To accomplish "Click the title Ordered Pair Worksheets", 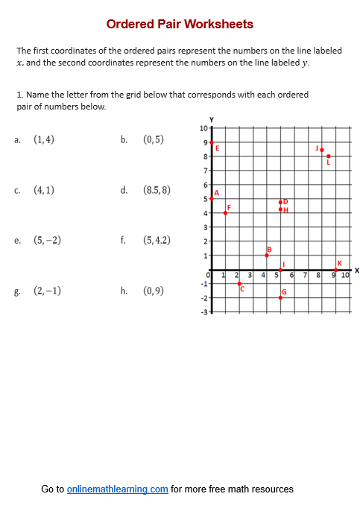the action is coord(180,25).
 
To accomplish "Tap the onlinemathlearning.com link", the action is coord(117,489).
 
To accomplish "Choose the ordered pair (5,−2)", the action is coord(47,241).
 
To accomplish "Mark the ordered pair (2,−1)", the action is coord(47,291).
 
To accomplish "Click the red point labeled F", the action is coord(225,213).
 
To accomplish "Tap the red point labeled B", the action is coord(267,256).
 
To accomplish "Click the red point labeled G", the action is coord(281,297).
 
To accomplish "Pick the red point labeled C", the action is coord(239,284).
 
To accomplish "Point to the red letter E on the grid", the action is coord(217,148).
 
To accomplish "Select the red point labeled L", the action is coord(328,156).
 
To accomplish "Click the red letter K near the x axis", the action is coord(339,263).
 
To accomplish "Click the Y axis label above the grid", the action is coord(212,120).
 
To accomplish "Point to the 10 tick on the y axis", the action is coord(204,128).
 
